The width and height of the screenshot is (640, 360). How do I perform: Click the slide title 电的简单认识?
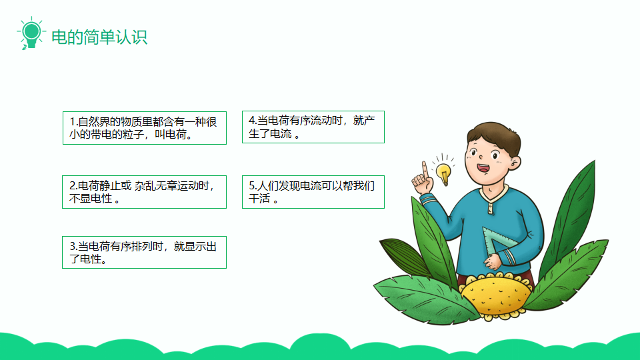pos(99,37)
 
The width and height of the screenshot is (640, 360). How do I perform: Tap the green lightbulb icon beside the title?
pos(31,33)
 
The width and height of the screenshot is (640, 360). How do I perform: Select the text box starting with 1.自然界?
pos(145,128)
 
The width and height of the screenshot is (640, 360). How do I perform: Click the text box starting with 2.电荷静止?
pos(144,192)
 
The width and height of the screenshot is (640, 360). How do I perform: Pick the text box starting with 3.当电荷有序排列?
pos(144,252)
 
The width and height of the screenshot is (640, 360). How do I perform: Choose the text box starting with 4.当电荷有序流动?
pos(313,127)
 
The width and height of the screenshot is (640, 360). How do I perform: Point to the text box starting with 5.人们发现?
pos(313,192)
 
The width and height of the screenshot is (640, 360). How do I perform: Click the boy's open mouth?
pos(483,168)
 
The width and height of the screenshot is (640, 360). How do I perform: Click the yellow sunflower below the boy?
pos(496,295)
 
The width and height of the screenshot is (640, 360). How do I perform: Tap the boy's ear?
pos(515,163)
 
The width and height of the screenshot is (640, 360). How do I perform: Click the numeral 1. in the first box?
pos(73,121)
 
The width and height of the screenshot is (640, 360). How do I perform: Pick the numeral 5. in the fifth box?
pos(253,186)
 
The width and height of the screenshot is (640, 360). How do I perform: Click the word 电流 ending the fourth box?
pos(281,133)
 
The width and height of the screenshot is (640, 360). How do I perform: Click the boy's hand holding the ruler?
pos(493,261)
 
